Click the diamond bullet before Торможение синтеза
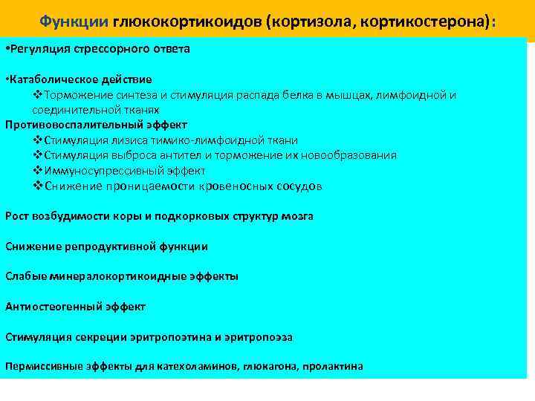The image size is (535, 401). point(39,95)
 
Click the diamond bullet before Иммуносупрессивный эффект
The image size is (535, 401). point(39,171)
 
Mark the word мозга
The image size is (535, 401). point(298,216)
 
